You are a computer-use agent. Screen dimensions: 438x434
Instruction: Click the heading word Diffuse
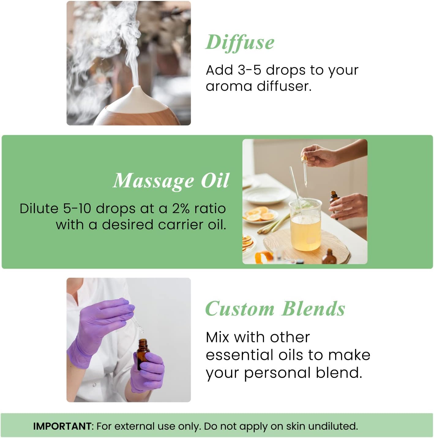tap(240, 43)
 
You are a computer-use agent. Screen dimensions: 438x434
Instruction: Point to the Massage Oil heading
tap(171, 181)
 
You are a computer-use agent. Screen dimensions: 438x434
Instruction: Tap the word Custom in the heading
tap(240, 309)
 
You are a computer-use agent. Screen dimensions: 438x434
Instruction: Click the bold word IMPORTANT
tap(62, 426)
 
